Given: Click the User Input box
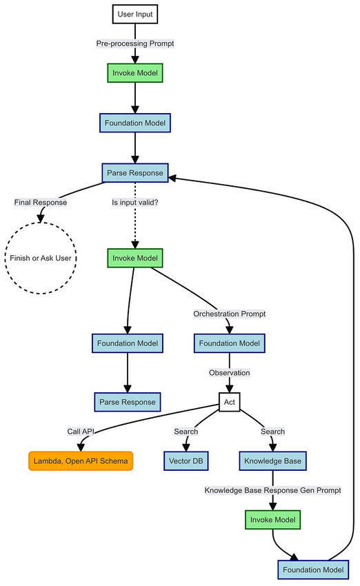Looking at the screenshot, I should (134, 13).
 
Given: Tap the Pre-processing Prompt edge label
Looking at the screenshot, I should (134, 43).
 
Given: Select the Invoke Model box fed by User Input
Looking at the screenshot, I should (134, 73).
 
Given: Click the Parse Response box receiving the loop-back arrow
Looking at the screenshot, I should (134, 172).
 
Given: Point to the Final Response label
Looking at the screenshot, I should (40, 203).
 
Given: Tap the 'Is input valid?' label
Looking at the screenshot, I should (134, 203).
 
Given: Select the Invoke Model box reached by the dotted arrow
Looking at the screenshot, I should (134, 259).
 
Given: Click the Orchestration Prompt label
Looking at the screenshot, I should (229, 313).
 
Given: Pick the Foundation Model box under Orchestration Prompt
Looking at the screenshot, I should (229, 343).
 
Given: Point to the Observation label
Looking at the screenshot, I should (229, 372).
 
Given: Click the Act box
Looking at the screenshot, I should (229, 401).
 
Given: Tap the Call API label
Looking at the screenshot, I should (81, 431).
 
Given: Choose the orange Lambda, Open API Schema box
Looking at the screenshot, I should (81, 460).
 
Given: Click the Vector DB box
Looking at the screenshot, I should (186, 460).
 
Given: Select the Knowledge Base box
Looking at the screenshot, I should (272, 460).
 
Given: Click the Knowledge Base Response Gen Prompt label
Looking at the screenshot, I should (272, 490).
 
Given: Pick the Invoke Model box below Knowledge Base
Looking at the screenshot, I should (272, 519).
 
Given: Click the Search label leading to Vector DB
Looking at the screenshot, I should (186, 431).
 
